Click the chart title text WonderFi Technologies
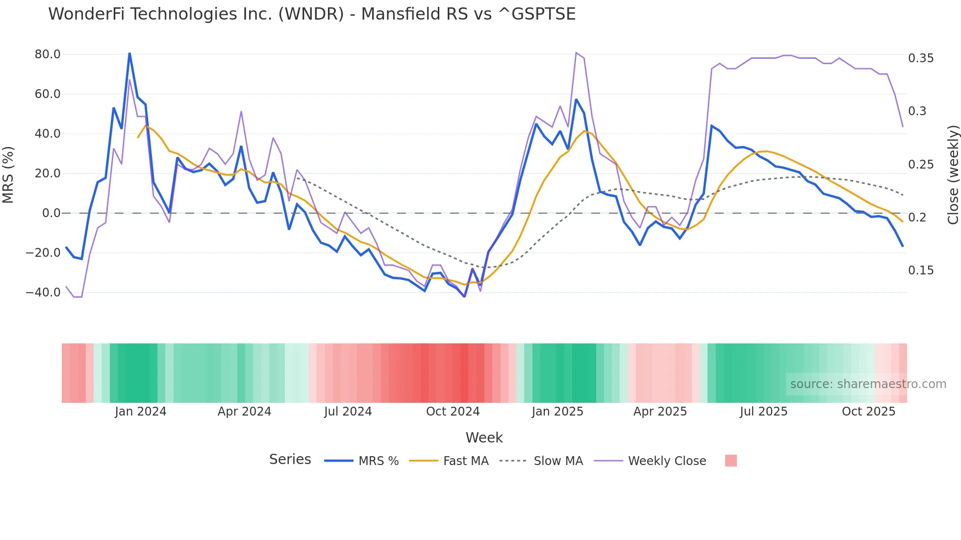162,14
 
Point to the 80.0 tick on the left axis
48,54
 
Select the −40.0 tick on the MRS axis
43,293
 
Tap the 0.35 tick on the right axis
921,58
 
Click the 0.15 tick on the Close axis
921,270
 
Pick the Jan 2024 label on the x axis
141,412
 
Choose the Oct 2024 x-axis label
453,412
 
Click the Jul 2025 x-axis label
763,412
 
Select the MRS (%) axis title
8,174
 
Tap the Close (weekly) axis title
953,174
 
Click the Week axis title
484,438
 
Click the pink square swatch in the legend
731,461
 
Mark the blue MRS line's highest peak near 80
129,53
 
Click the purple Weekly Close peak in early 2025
576,52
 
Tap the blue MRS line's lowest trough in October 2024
464,296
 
